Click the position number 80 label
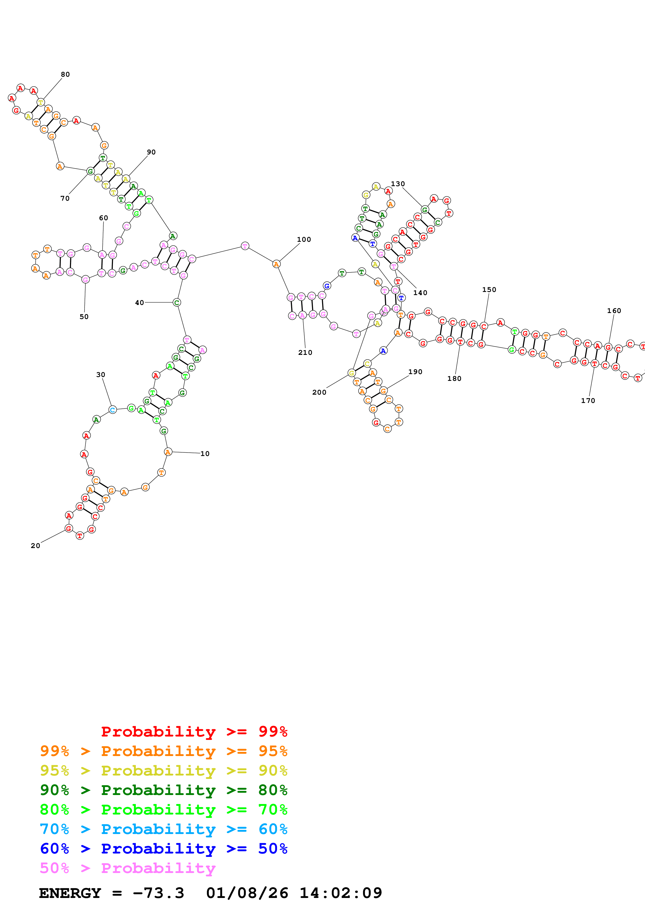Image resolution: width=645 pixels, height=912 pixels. [65, 74]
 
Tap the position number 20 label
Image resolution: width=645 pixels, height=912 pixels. [35, 546]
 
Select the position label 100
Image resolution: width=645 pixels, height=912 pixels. [304, 239]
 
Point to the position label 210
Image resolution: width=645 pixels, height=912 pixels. [305, 352]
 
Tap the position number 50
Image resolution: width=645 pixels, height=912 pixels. [84, 317]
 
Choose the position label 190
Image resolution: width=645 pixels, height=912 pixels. [415, 372]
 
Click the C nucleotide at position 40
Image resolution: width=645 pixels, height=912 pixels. [177, 303]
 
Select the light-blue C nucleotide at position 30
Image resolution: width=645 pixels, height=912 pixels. [112, 409]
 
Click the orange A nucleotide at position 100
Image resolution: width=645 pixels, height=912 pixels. [276, 264]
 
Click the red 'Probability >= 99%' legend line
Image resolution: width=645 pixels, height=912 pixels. [194, 732]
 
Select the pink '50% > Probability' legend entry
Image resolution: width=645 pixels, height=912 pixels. [127, 868]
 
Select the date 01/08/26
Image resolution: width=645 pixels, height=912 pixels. [247, 893]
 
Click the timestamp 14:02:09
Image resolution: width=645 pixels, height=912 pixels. [341, 893]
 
